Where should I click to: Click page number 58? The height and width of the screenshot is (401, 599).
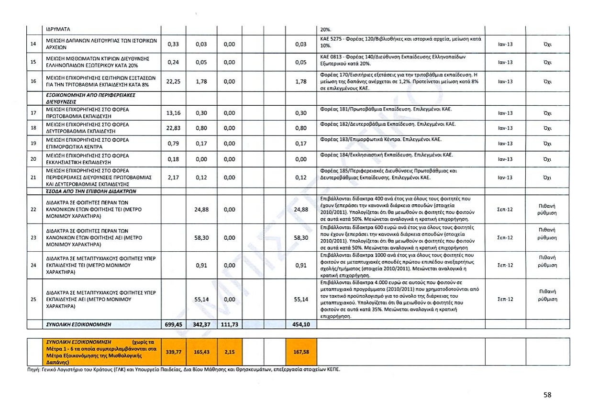547,395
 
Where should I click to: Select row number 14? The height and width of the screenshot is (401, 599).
33,44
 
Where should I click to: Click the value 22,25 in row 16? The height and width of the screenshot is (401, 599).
172,82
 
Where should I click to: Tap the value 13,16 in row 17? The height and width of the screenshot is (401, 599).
172,113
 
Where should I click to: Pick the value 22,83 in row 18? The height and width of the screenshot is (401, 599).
172,128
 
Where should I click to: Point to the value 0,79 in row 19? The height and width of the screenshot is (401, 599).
172,144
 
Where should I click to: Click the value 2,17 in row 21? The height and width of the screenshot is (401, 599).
172,178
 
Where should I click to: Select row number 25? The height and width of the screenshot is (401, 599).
33,300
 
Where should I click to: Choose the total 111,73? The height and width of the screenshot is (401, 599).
229,324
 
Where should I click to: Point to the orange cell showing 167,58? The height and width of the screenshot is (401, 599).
300,352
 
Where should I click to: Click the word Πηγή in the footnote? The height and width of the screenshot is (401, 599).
33,370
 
